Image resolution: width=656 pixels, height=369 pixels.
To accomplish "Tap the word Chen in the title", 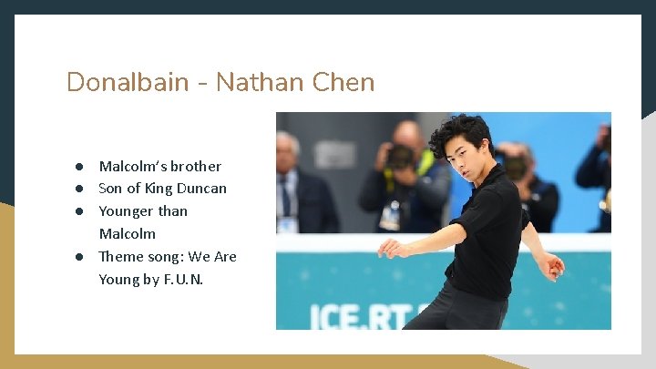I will (x=343, y=82).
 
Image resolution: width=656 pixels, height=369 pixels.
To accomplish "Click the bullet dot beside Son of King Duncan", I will (x=80, y=189).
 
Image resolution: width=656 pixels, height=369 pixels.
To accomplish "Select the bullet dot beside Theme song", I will (x=80, y=256).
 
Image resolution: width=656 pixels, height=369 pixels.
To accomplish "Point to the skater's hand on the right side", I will (x=551, y=265).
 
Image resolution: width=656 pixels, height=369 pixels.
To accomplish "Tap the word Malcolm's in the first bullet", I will (x=130, y=166).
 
